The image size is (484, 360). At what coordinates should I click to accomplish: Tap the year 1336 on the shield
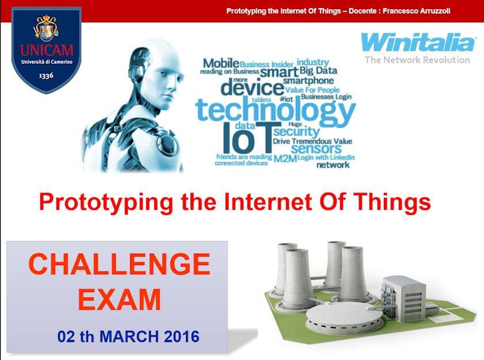pyautogui.click(x=46, y=75)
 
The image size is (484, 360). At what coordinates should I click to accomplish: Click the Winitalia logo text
pyautogui.click(x=418, y=42)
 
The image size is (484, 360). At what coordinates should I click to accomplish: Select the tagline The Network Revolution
pyautogui.click(x=417, y=60)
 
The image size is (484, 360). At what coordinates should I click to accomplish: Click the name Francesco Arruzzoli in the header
pyautogui.click(x=417, y=11)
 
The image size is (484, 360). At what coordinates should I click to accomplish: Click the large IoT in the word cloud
pyautogui.click(x=247, y=138)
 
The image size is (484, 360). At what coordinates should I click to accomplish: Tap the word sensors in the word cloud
pyautogui.click(x=316, y=149)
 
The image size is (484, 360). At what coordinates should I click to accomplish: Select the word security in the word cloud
pyautogui.click(x=296, y=132)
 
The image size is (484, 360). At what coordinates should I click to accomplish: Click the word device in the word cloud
pyautogui.click(x=253, y=87)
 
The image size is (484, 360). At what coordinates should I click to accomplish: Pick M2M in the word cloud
pyautogui.click(x=285, y=159)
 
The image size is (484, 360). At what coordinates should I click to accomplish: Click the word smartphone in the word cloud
pyautogui.click(x=308, y=81)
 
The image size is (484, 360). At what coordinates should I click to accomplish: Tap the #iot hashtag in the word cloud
pyautogui.click(x=286, y=99)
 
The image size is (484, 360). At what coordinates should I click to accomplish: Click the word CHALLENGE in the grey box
pyautogui.click(x=119, y=264)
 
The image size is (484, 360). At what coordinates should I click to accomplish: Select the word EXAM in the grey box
pyautogui.click(x=120, y=299)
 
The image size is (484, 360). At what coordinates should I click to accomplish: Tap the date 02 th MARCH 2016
pyautogui.click(x=128, y=336)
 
